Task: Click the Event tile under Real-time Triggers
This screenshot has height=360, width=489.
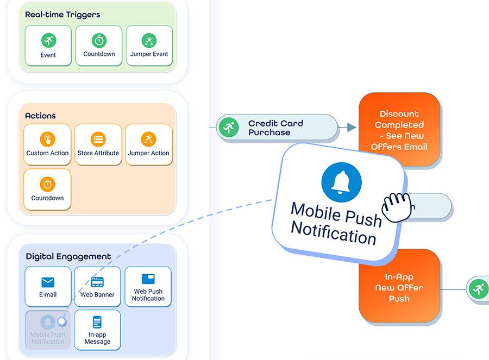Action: [48, 46]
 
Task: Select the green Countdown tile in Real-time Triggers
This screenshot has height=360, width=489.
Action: [99, 46]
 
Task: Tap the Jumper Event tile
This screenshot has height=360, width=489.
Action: [149, 46]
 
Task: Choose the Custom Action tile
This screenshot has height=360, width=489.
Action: [48, 144]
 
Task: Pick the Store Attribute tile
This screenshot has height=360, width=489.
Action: [98, 144]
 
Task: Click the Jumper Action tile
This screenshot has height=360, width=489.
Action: [149, 144]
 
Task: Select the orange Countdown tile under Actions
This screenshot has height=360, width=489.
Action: [48, 190]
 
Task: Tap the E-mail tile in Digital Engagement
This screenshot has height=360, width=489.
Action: [48, 287]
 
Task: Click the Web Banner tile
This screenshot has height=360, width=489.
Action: [97, 287]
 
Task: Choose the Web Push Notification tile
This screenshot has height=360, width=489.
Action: [148, 287]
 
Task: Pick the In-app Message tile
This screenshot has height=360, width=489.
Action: [97, 330]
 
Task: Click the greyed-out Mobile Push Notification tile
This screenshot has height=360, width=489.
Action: [48, 330]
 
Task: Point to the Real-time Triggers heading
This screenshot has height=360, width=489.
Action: [62, 15]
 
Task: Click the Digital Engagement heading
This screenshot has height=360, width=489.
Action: [68, 256]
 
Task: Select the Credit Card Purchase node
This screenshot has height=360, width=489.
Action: [277, 128]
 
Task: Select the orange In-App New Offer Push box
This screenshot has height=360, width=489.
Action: [399, 287]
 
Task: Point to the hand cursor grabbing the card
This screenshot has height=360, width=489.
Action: [397, 206]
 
